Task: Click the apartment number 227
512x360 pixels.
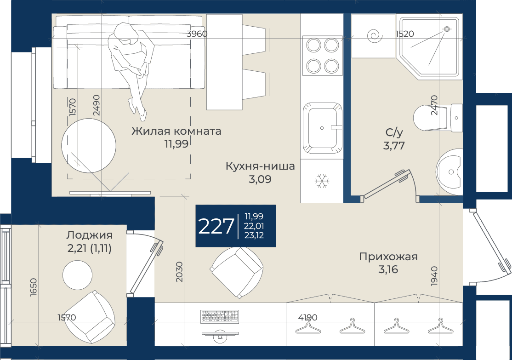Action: point(216,226)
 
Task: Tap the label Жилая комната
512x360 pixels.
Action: point(176,131)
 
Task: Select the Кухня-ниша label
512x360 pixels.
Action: point(260,166)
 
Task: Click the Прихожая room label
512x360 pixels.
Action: point(388,257)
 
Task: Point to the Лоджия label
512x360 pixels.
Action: point(90,235)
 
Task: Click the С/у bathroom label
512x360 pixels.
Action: point(394,132)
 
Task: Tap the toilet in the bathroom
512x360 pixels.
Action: point(438,118)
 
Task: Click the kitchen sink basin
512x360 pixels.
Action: point(322,128)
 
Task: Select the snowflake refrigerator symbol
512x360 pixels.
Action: point(322,181)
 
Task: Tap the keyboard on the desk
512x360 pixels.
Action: point(220,316)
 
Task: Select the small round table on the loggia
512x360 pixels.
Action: point(77,275)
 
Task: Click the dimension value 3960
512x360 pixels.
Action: point(197,34)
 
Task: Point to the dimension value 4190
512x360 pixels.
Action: point(307,317)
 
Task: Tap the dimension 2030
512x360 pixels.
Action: point(179,272)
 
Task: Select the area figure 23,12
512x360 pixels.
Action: point(254,235)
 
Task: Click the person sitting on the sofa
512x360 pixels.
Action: point(131,65)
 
